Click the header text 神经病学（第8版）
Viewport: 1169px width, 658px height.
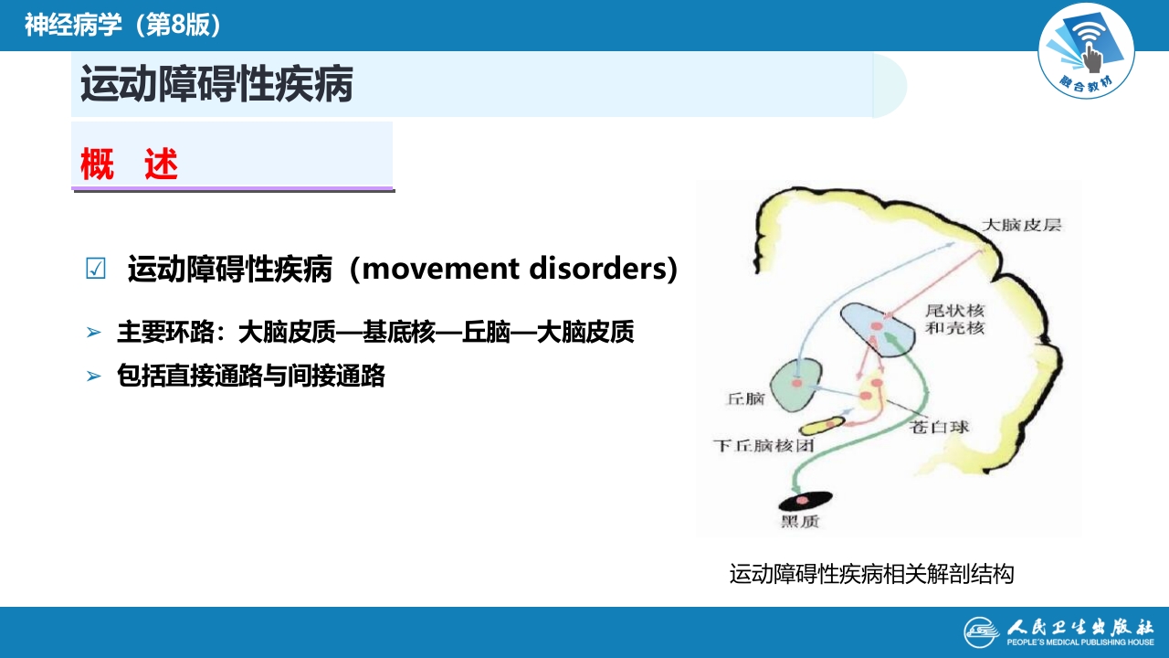123,25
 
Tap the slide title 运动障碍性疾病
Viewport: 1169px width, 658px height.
216,85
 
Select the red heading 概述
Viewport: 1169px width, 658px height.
129,165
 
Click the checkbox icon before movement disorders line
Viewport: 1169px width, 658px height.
95,270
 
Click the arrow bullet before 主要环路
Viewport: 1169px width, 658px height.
93,333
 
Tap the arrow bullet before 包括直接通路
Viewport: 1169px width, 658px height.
93,376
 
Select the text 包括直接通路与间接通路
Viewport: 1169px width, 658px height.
251,376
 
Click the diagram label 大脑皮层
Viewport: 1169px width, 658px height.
1022,224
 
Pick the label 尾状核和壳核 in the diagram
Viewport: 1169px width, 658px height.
955,320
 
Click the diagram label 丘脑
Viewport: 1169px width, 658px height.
744,399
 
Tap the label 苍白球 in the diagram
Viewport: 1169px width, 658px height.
941,427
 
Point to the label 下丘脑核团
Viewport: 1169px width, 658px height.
763,446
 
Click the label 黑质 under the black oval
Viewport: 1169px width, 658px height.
800,522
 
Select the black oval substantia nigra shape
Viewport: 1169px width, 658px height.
804,500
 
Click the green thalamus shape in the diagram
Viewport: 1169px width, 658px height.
796,384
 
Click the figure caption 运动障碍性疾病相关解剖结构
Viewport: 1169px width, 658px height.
871,575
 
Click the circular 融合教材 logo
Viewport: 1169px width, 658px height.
1086,50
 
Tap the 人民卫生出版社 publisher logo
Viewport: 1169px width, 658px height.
1058,631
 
